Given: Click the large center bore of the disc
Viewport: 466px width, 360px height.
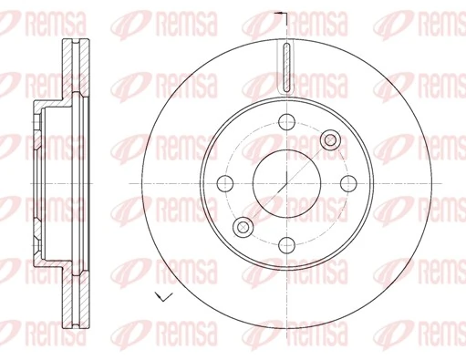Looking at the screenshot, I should (x=285, y=182).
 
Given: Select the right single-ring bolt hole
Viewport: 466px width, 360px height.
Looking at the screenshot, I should (x=346, y=182).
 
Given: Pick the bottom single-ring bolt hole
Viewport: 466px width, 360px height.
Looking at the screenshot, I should (x=285, y=243).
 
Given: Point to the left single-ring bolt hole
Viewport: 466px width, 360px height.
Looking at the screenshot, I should (x=224, y=182).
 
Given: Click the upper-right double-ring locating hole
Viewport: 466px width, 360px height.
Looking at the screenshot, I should (x=329, y=139).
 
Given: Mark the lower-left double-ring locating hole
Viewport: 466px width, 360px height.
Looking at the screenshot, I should (x=242, y=226).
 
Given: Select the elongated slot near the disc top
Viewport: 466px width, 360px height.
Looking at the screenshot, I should (x=285, y=67).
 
